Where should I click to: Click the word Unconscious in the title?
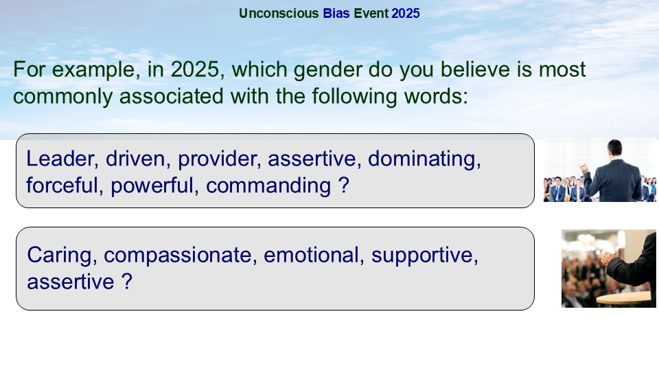coord(279,14)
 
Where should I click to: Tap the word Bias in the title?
coord(336,14)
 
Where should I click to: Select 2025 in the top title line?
coord(406,14)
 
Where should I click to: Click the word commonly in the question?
coord(63,97)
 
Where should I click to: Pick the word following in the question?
coord(354,97)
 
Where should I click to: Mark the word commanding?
coord(268,186)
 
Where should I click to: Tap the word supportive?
coord(424,256)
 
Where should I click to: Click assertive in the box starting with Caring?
coord(71,282)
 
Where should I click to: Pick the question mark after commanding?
coord(344,185)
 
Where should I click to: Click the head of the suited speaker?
coord(614,147)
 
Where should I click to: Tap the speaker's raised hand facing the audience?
coord(583,168)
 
